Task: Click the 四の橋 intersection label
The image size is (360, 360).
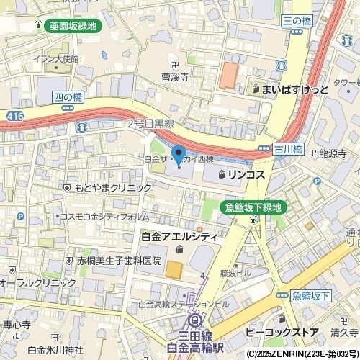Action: click(68, 96)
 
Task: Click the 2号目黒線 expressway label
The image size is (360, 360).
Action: click(150, 124)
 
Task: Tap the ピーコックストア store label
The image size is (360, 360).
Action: click(282, 333)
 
